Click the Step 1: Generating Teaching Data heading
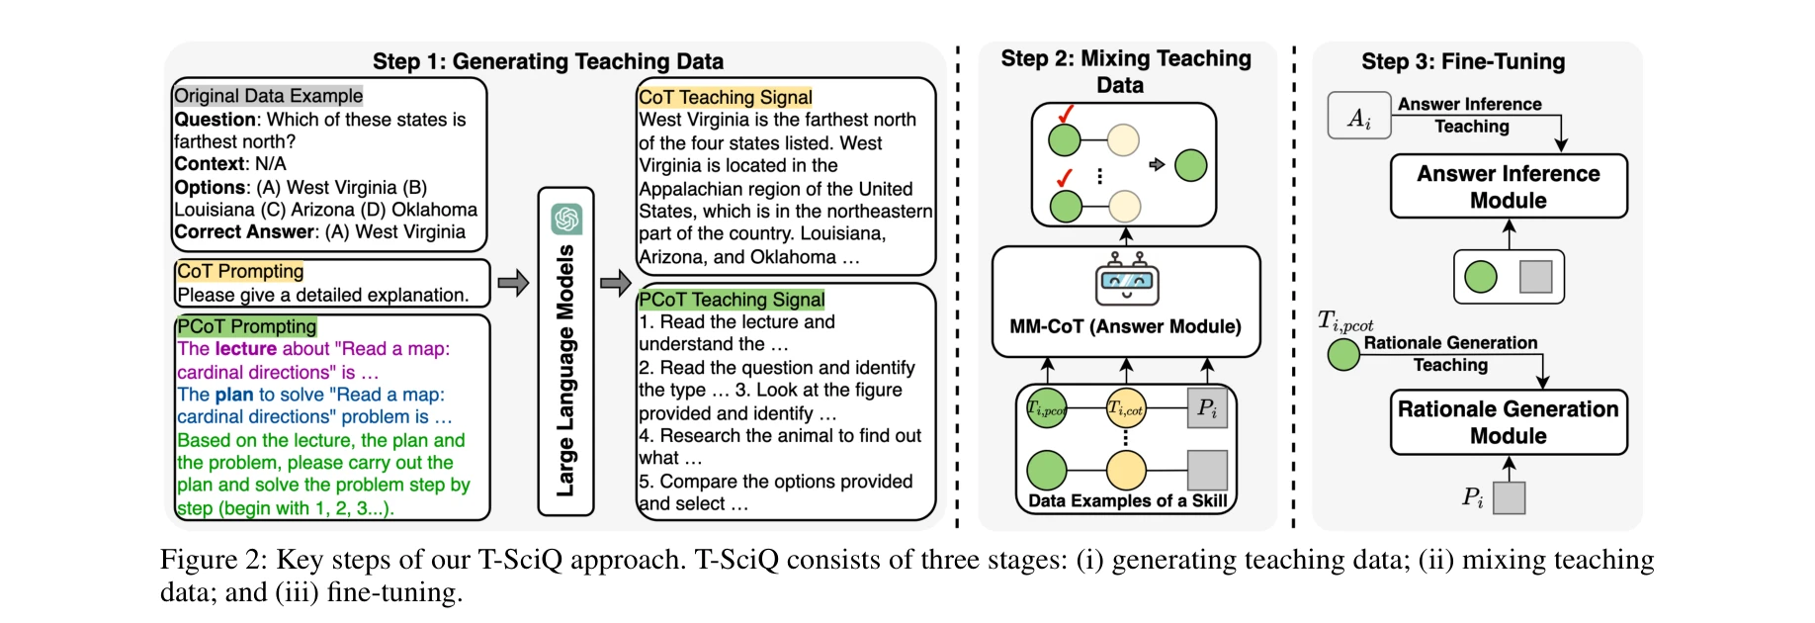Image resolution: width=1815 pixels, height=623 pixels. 548,61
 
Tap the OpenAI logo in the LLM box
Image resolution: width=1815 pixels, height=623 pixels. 566,219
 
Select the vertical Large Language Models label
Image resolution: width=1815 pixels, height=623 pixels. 565,371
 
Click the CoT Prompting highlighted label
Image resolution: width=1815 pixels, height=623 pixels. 240,271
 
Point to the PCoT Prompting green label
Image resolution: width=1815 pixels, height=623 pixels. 246,326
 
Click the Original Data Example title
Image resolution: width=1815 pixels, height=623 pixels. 268,96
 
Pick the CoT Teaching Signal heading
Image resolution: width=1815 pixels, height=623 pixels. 725,97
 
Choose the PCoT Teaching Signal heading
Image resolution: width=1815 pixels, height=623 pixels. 732,300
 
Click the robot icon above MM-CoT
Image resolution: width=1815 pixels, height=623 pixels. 1126,280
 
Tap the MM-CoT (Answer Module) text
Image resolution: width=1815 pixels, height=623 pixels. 1125,326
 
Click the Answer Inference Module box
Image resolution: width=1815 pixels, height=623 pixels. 1508,187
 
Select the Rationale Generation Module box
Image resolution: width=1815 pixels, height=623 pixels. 1508,422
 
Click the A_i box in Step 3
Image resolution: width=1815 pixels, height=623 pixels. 1359,116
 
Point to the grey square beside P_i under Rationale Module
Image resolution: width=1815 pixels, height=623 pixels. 1509,497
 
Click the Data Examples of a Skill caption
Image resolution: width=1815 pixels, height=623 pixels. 1127,500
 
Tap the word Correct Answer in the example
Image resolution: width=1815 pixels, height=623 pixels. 244,232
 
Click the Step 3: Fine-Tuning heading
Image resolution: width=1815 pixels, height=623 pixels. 1463,61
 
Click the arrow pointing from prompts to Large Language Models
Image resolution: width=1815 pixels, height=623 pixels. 513,284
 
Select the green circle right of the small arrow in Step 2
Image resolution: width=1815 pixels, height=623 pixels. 1190,165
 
